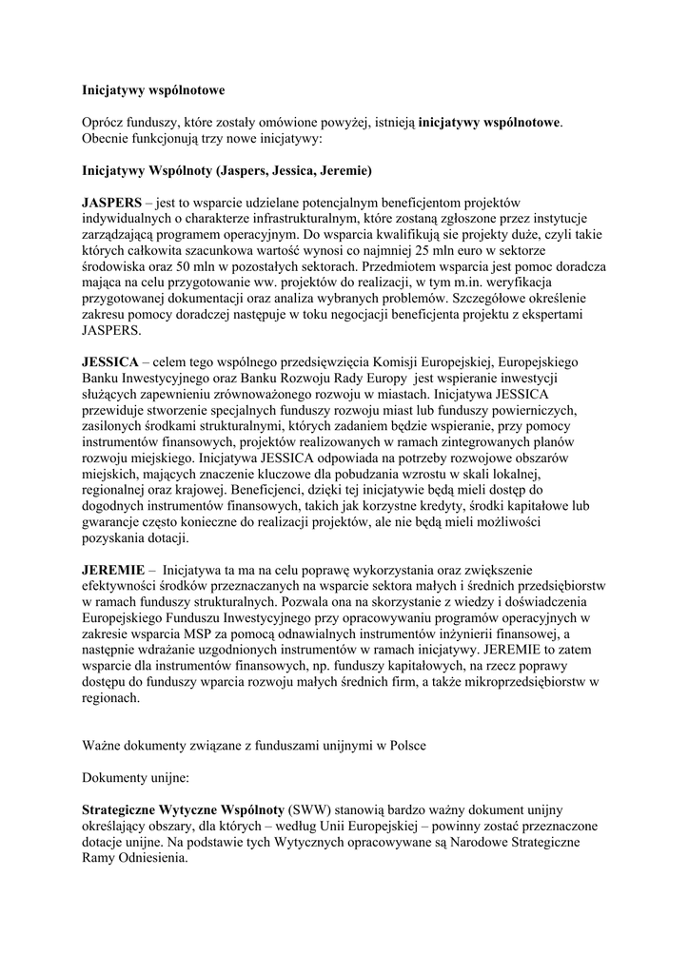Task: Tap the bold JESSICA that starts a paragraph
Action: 108,364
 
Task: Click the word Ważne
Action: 104,746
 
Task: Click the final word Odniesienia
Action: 155,858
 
